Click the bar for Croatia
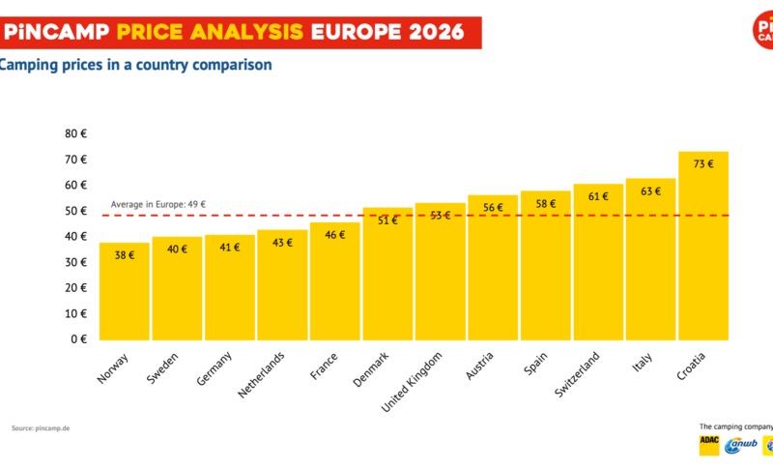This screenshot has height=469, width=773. tap(702, 247)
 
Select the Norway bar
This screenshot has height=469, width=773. tap(125, 290)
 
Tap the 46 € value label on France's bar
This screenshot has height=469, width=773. tap(334, 235)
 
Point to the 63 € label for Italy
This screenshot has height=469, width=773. tap(650, 191)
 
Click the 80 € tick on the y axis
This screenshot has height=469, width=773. tap(76, 133)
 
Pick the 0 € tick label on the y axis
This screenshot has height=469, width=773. tap(79, 339)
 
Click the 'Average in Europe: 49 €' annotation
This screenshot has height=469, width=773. tap(157, 205)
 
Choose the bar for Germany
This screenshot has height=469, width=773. tap(229, 287)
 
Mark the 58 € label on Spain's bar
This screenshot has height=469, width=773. tap(545, 204)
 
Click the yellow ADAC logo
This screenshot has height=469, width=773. tap(709, 445)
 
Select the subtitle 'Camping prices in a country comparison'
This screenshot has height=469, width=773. tap(134, 65)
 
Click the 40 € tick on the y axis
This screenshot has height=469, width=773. tap(76, 236)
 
